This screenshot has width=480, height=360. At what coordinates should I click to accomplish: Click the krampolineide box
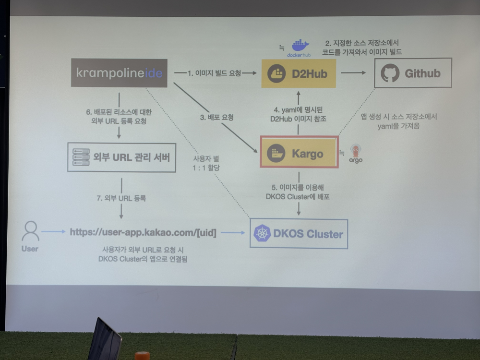point(119,73)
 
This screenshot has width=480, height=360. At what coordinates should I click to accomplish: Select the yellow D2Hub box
point(299,73)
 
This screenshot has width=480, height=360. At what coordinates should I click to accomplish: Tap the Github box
point(413,73)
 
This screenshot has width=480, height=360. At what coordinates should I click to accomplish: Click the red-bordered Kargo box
point(299,152)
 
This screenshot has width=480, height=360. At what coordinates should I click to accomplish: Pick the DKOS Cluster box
point(299,233)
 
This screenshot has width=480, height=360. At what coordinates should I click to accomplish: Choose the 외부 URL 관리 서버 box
point(119,156)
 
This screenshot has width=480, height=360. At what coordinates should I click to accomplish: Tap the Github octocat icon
point(390,73)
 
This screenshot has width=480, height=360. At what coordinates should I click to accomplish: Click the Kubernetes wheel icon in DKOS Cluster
point(263,234)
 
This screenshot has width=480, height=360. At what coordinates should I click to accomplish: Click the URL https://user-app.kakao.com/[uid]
point(143,232)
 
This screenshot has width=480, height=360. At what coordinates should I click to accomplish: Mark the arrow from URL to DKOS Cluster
point(233,233)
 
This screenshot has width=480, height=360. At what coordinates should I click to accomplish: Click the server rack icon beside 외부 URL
point(81,156)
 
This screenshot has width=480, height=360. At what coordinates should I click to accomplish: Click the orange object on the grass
point(142,356)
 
